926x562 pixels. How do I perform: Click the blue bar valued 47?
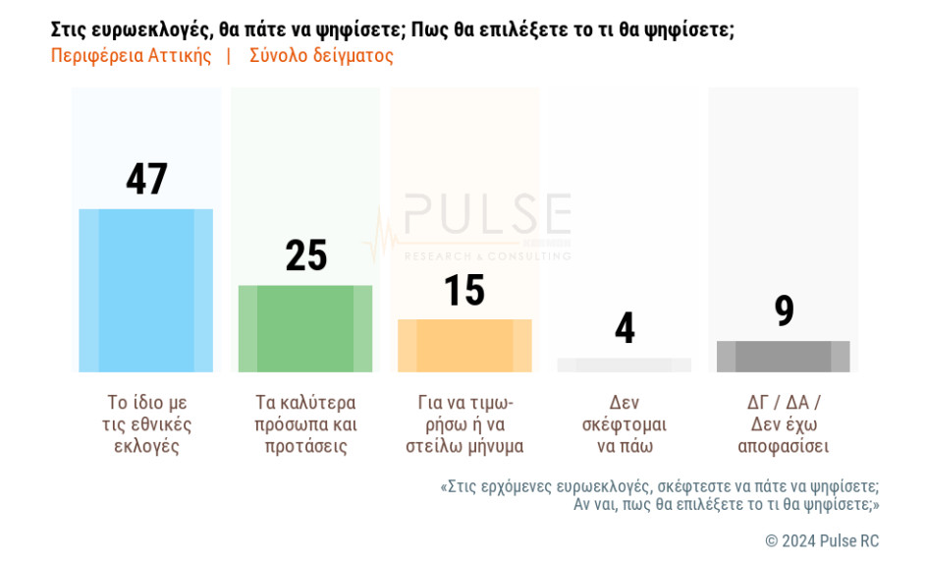point(145,291)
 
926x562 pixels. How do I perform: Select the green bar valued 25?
point(305,329)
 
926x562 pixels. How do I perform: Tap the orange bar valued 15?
point(464,346)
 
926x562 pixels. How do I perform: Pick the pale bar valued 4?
point(624,365)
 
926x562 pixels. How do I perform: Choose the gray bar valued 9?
point(783,357)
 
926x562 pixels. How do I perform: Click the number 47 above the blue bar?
point(146,179)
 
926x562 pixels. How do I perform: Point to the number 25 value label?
point(305,255)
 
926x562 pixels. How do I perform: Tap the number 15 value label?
point(464,290)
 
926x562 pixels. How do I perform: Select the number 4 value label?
point(625,328)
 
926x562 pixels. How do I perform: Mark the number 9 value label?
point(784,310)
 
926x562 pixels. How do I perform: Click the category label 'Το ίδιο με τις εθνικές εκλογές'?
point(146,424)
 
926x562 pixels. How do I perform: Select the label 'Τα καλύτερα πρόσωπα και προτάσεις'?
point(305,424)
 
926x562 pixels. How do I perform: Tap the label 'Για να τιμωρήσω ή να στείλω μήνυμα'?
point(464,424)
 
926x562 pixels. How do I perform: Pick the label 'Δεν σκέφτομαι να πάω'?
point(625,424)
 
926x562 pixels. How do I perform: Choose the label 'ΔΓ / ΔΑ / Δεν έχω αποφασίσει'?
point(784,424)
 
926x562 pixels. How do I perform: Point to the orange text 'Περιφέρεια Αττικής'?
point(131,56)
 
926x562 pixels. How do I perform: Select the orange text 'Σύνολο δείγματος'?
point(321,56)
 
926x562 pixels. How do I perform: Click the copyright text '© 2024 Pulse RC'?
point(822,541)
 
